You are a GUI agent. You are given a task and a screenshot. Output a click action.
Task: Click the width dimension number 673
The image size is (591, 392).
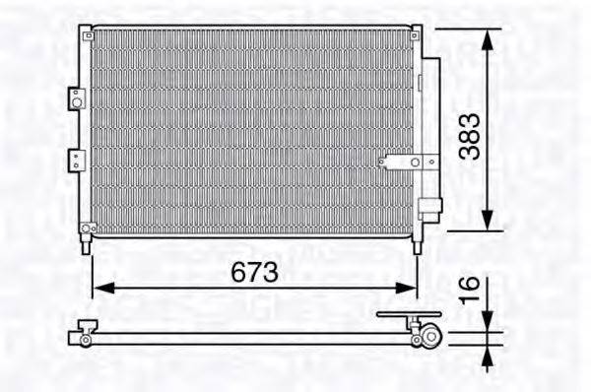coord(253,271)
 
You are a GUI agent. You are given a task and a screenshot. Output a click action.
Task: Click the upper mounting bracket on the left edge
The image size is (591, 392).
coord(75,98)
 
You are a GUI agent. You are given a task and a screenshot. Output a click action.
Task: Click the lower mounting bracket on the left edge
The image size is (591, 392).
coord(75,160)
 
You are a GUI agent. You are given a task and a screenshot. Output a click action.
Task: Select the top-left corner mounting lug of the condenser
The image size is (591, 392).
coord(87,31)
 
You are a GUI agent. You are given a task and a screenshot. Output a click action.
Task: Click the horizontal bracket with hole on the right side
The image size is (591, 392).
coord(403,163)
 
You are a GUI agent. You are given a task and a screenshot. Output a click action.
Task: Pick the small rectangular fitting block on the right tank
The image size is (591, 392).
coord(429,208)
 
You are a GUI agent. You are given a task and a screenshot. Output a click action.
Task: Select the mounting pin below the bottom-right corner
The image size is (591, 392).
coord(417,246)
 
